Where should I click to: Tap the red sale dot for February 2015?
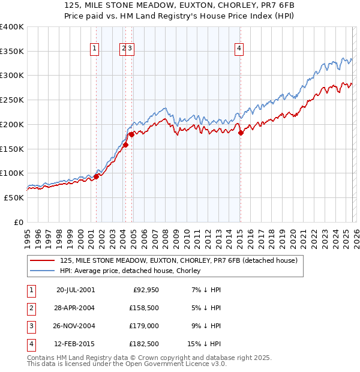coord(241,133)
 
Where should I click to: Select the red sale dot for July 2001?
coord(96,176)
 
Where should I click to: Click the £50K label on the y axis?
coord(14,197)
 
